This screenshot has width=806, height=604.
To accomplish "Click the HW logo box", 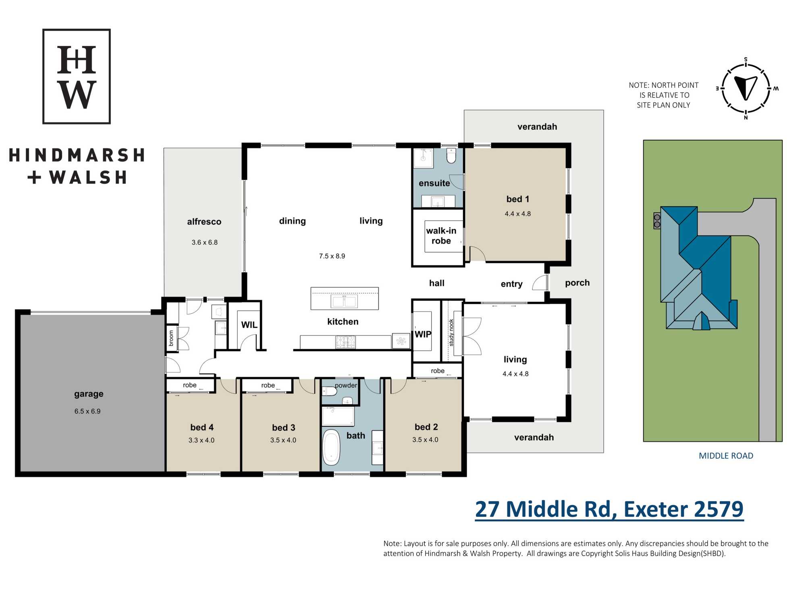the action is tap(77, 76).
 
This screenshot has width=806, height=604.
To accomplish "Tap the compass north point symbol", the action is tap(746, 88).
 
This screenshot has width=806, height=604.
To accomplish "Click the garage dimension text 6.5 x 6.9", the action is tap(87, 411).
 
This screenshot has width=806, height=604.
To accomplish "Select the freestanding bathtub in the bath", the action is tap(331, 447).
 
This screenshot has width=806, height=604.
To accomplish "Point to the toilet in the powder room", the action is tap(329, 391).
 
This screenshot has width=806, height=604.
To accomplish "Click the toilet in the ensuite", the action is tap(451, 156).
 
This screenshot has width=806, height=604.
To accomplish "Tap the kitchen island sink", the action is tap(344, 301).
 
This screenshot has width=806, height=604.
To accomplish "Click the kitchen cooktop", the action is tap(346, 342).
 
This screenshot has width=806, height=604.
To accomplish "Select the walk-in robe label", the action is tap(441, 236).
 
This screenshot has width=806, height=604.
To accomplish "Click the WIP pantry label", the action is tap(423, 334).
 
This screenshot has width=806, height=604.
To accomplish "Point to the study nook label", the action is tap(451, 333).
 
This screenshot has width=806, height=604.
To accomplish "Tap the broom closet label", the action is tap(171, 338).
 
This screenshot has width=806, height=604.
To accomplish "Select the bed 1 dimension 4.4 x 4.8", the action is tap(518, 214).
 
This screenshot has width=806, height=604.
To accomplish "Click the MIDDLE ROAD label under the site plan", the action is tap(726, 456).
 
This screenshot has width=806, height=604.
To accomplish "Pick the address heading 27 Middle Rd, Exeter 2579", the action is tap(609, 509).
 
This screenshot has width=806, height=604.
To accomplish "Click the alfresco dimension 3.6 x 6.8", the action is tap(205, 242).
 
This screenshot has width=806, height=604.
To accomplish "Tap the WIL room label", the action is tap(249, 325).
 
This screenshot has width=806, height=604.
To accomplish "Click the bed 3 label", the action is tap(284, 428).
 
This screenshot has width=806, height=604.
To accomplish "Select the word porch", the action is tap(577, 283).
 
